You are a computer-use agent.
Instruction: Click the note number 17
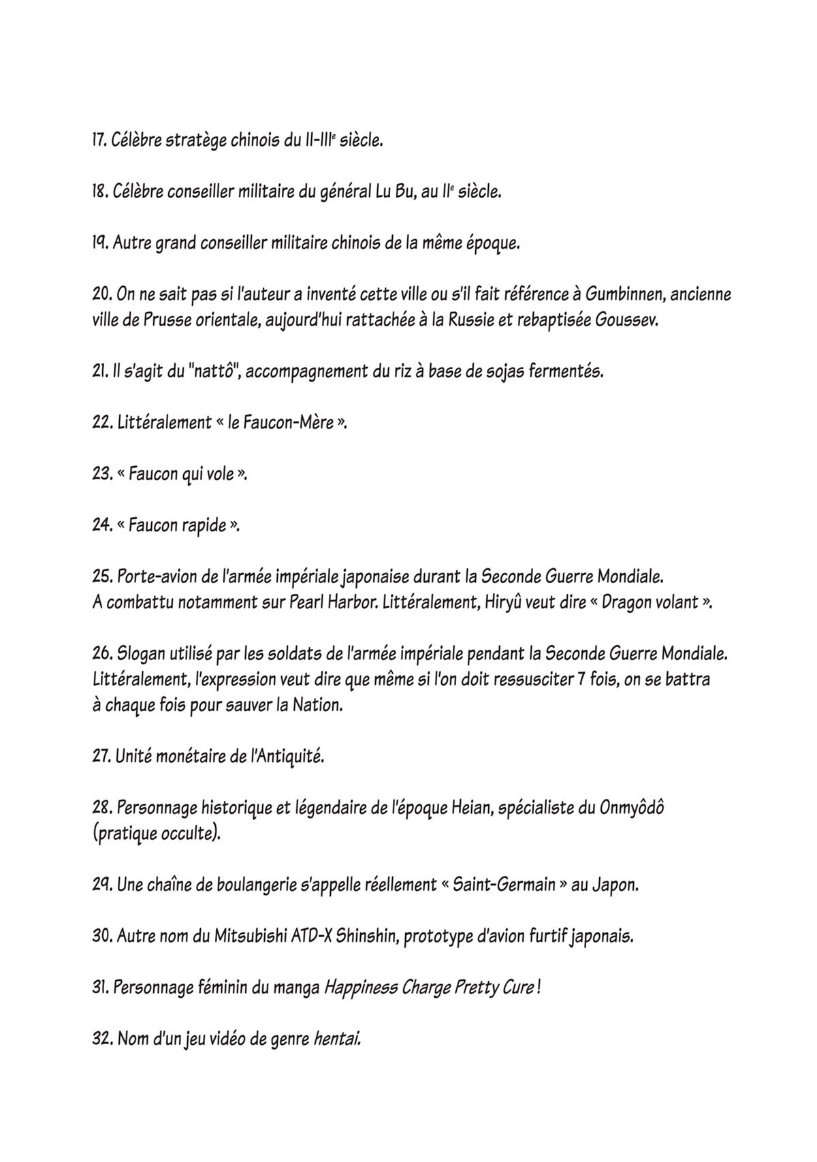tap(99, 142)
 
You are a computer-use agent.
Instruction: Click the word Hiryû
tap(503, 603)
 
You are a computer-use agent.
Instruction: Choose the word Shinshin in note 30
tap(366, 937)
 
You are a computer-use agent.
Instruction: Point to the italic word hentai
tap(336, 1039)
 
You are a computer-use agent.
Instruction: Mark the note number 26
tap(101, 654)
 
